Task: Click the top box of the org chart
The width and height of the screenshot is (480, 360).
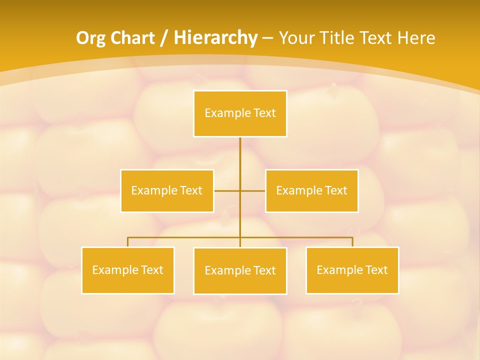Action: (240, 113)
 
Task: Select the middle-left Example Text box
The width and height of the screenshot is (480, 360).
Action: (167, 190)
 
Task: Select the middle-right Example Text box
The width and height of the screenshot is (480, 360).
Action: (311, 190)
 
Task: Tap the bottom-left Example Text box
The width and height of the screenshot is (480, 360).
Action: (127, 270)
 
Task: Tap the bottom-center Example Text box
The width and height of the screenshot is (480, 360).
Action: (240, 270)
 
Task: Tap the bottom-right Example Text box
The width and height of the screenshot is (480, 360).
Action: (352, 270)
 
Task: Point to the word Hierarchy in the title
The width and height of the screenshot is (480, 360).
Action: (215, 38)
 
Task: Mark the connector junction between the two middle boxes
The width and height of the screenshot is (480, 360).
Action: (240, 190)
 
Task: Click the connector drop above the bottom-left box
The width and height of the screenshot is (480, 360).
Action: (127, 242)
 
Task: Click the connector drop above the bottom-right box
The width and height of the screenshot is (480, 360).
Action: (352, 242)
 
